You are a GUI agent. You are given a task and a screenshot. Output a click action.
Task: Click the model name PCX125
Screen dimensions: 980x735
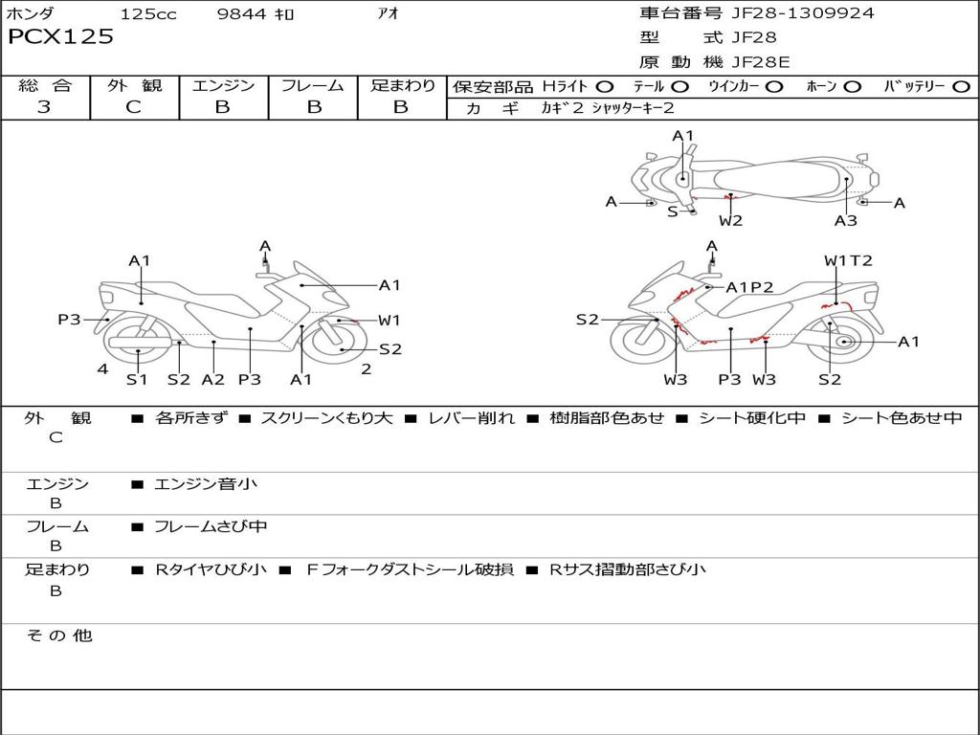coord(60,37)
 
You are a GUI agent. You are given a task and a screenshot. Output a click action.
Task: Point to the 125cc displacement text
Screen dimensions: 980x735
coord(148,14)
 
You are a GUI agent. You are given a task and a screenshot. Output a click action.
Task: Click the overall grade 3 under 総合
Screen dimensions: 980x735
coord(44,107)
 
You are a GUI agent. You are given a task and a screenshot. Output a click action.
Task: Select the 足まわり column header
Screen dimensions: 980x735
coord(403,86)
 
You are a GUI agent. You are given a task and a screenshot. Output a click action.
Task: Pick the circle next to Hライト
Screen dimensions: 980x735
coord(606,87)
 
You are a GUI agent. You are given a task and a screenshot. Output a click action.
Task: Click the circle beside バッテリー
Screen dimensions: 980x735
coord(961,87)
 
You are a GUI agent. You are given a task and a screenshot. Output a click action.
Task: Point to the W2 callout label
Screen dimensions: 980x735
coord(731,221)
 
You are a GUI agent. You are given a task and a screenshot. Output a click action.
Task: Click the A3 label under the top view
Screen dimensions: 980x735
coord(845,221)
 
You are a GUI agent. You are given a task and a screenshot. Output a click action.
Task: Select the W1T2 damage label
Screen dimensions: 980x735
coord(848,260)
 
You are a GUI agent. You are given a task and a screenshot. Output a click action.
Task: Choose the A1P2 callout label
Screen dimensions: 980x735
coord(749,287)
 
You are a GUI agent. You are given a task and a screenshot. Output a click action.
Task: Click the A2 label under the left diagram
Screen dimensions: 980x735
coord(212,380)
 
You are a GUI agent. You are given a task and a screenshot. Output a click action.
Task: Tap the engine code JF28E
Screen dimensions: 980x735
coord(761,61)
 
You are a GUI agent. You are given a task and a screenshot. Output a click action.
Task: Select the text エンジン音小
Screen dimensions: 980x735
coord(206,484)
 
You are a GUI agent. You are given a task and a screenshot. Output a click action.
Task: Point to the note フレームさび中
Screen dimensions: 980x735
coord(211,526)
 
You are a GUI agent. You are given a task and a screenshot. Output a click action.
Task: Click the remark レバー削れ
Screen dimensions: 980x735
coord(471,418)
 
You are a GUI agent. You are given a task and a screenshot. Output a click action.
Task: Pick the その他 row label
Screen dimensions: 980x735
coord(58,635)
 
